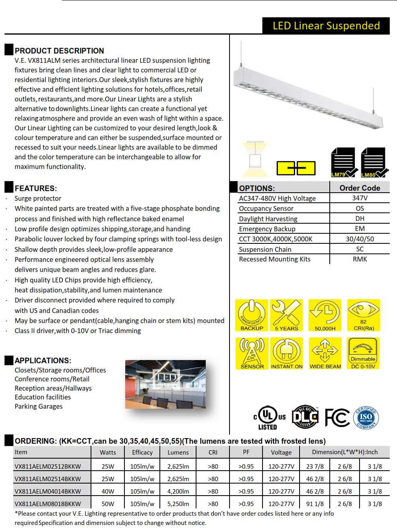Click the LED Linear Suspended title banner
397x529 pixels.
click(326, 26)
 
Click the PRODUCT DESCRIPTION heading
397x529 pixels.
click(59, 51)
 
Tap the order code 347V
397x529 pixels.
click(360, 198)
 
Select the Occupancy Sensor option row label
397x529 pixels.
click(266, 208)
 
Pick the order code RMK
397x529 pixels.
click(360, 259)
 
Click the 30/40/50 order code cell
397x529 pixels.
click(360, 239)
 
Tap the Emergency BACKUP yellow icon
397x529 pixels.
click(252, 315)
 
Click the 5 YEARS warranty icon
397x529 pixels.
click(286, 315)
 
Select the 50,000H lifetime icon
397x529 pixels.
click(325, 315)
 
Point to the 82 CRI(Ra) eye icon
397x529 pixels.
click(364, 315)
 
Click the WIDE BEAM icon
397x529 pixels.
click(325, 353)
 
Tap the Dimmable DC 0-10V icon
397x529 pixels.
click(363, 353)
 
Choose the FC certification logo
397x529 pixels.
click(337, 418)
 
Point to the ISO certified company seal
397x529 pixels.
click(366, 418)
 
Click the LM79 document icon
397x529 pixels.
click(343, 163)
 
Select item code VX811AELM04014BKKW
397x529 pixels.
click(48, 491)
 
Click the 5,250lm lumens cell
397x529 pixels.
click(178, 504)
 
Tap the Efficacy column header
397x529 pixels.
click(142, 452)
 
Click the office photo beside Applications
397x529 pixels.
click(165, 384)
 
